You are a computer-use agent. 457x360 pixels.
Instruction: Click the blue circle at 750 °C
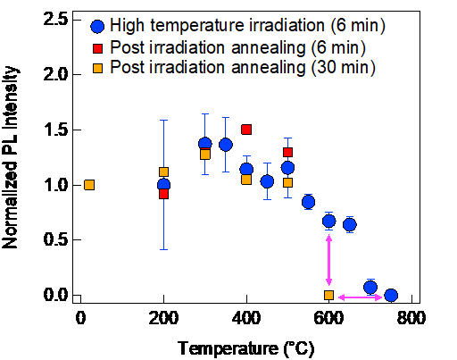click(391, 295)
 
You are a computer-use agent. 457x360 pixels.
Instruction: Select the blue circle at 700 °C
click(370, 288)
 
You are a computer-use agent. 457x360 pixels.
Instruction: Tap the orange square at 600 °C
click(328, 295)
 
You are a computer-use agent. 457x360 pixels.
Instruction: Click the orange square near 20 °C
click(89, 185)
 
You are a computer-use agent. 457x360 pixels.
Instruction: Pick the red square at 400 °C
click(246, 130)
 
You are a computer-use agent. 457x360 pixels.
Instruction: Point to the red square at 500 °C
click(287, 153)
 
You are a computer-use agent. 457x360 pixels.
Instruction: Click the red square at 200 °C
click(163, 194)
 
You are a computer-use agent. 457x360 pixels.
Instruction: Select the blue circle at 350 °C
click(226, 145)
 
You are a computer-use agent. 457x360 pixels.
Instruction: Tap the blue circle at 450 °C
click(267, 181)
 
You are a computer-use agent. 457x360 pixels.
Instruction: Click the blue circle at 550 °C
click(308, 202)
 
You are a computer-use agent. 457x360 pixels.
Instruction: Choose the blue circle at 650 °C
click(350, 224)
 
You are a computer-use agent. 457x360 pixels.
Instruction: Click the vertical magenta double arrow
click(328, 260)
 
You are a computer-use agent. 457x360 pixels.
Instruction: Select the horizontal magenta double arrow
click(360, 297)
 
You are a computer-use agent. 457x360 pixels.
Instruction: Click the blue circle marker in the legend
click(97, 26)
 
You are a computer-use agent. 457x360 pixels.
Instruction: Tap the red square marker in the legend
click(97, 48)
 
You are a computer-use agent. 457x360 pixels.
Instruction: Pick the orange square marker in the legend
click(97, 69)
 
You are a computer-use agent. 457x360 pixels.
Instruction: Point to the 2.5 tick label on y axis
click(56, 20)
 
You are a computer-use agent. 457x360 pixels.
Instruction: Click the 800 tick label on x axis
click(411, 318)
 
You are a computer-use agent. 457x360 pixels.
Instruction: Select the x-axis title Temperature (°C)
click(245, 348)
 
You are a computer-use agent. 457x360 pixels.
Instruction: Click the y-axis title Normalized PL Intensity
click(10, 157)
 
